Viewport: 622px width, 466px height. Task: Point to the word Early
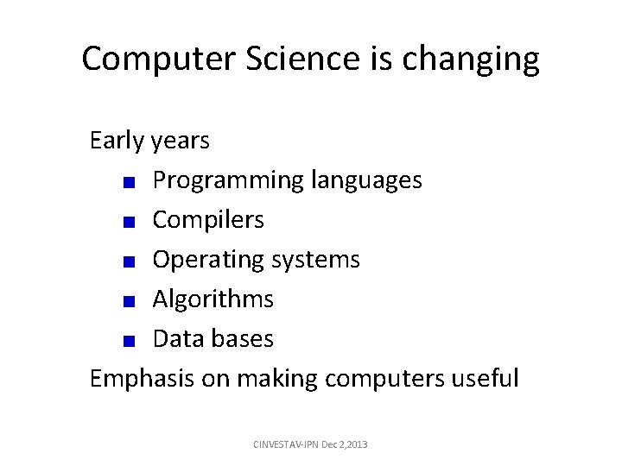(x=117, y=141)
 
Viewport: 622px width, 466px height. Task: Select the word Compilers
(x=208, y=220)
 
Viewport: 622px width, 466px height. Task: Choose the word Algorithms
(x=213, y=299)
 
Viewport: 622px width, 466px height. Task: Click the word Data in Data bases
(x=179, y=339)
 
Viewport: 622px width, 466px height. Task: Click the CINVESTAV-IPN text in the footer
(x=284, y=444)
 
